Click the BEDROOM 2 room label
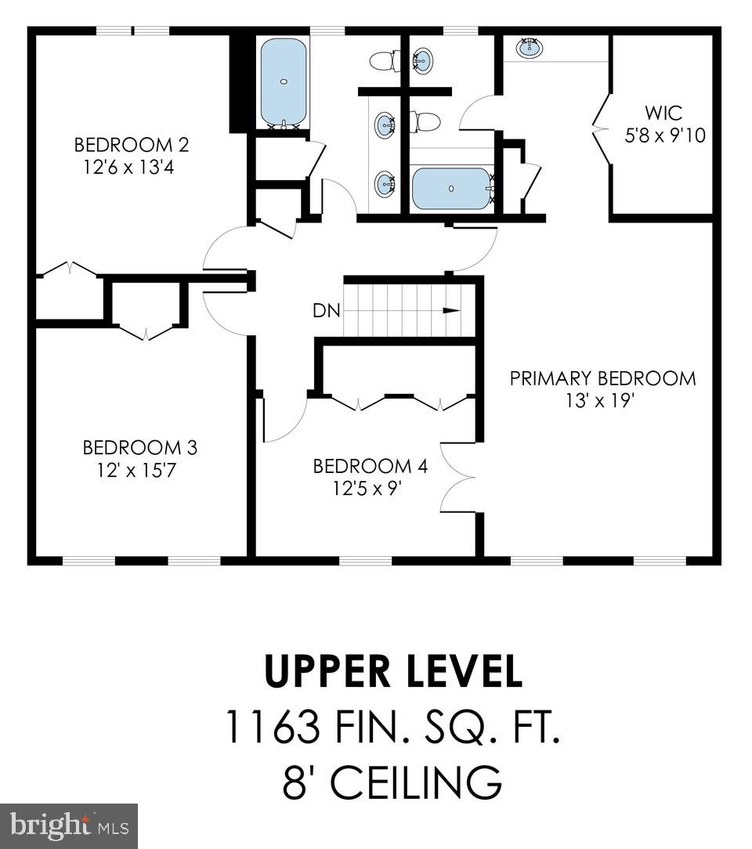tap(132, 145)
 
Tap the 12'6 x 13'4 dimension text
tap(132, 167)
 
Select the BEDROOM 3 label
tap(139, 448)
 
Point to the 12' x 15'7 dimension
tap(139, 470)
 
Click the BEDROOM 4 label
tap(370, 467)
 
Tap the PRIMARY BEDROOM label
tap(602, 379)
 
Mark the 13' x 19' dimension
tap(602, 400)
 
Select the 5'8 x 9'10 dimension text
tap(664, 135)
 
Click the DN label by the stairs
tap(327, 311)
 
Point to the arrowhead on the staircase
tap(451, 311)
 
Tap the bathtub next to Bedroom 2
tap(283, 81)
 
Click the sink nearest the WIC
tap(530, 48)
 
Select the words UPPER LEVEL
tap(392, 672)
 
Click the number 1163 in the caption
tap(273, 726)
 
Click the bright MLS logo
tap(69, 826)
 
